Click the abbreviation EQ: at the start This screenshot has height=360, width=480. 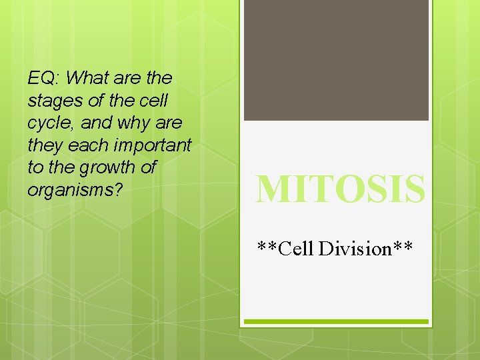coord(43,79)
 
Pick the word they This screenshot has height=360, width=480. coord(45,145)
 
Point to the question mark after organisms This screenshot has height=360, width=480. coord(118,189)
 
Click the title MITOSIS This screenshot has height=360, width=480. coord(340,189)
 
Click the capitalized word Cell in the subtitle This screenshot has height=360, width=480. coord(297,249)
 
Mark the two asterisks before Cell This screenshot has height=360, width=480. coord(268,247)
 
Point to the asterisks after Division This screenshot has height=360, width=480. coord(403,247)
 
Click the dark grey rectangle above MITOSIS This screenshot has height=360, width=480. coord(336,60)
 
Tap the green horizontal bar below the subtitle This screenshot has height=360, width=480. coord(336,321)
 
